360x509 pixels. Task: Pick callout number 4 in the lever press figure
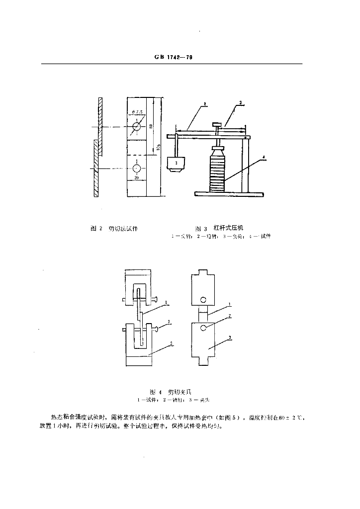click(265, 158)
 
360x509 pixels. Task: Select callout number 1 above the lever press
click(204, 105)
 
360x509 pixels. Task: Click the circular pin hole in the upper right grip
click(203, 300)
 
